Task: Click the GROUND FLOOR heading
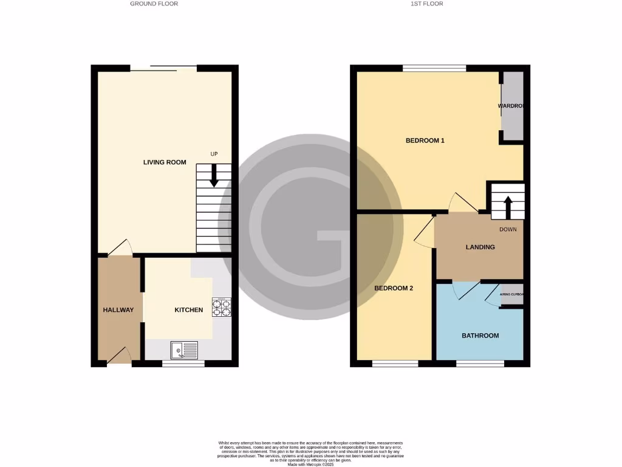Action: click(x=154, y=4)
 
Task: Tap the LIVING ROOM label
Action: click(x=165, y=162)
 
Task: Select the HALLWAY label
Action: click(x=118, y=310)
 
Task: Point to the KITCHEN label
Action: click(x=189, y=310)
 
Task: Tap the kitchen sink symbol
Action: click(x=185, y=350)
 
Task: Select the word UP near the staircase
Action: click(x=214, y=154)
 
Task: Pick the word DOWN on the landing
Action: click(x=508, y=230)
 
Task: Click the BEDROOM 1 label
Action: click(x=425, y=140)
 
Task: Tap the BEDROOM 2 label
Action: click(x=394, y=288)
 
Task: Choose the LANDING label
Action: click(x=480, y=247)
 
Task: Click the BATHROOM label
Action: click(x=480, y=336)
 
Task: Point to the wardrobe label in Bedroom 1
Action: click(x=510, y=106)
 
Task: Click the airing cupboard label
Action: click(x=511, y=294)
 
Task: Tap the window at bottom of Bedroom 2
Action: click(x=395, y=364)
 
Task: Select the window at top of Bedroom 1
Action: click(x=434, y=68)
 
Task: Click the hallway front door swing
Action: click(x=120, y=356)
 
